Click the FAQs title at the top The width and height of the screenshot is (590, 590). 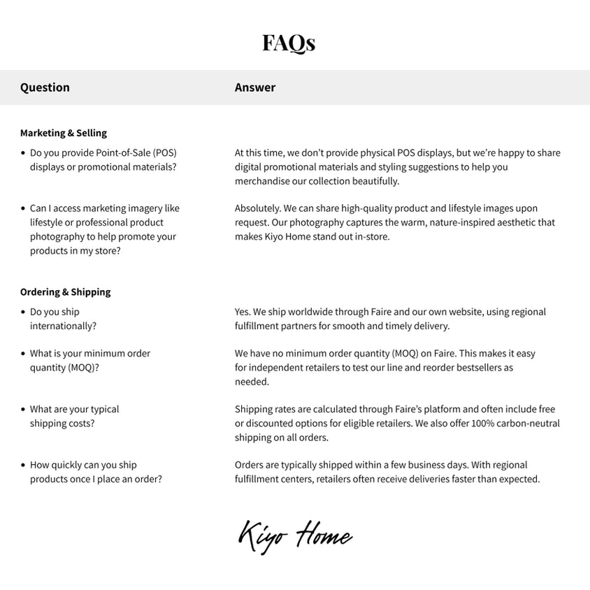pos(289,43)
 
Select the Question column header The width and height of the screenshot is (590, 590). pos(45,87)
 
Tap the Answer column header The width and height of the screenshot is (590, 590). pos(255,87)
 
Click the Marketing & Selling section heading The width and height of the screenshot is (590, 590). pos(64,133)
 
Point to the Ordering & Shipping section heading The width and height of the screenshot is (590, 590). pos(66,292)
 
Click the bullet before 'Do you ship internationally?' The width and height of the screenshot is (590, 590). pos(23,312)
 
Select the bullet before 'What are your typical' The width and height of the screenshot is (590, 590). pos(23,410)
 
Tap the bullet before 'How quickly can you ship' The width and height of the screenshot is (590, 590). pos(23,465)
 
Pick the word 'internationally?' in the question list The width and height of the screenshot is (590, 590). pos(63,326)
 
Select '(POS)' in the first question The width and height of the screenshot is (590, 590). pos(165,153)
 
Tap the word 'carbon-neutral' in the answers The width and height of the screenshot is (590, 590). pos(528,424)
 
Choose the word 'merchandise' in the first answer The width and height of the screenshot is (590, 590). pos(263,181)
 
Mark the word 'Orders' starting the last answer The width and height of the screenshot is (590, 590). pos(249,465)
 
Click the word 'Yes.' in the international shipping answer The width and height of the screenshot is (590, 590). pos(243,312)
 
